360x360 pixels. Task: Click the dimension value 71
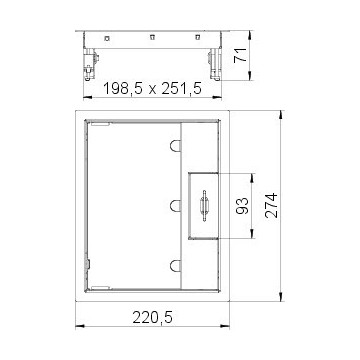click(x=240, y=55)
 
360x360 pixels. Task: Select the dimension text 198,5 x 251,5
click(x=153, y=89)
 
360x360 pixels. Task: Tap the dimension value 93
click(x=243, y=206)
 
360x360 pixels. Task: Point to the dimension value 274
click(x=271, y=205)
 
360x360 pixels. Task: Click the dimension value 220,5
click(x=153, y=317)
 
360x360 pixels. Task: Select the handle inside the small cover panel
click(x=204, y=206)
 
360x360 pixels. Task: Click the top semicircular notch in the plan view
click(x=175, y=146)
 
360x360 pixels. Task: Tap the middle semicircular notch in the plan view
click(x=175, y=206)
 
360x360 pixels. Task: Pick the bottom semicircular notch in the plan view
click(x=175, y=266)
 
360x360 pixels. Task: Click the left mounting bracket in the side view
click(x=90, y=65)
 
